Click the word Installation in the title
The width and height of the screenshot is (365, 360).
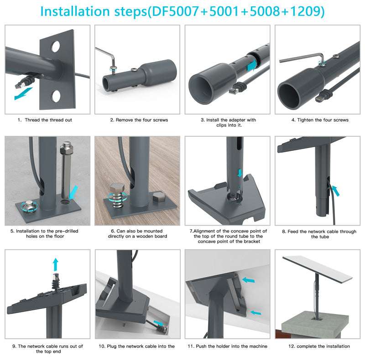(x=75, y=11)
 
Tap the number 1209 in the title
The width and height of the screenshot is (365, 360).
(x=305, y=11)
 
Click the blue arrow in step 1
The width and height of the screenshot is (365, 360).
(x=23, y=93)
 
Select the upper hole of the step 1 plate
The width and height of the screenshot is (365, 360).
(x=56, y=46)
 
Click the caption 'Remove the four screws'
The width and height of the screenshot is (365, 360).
(x=142, y=120)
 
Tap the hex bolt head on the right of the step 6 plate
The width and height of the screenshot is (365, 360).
(x=159, y=197)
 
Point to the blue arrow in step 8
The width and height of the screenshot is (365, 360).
(x=335, y=191)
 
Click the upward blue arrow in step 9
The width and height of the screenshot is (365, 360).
(x=55, y=264)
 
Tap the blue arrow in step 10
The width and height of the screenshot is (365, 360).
(x=159, y=323)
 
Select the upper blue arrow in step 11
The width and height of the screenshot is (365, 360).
(x=249, y=280)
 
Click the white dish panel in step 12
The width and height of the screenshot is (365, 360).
(x=318, y=269)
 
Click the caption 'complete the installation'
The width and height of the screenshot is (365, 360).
(x=323, y=346)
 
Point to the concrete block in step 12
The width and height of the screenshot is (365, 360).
(x=315, y=325)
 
